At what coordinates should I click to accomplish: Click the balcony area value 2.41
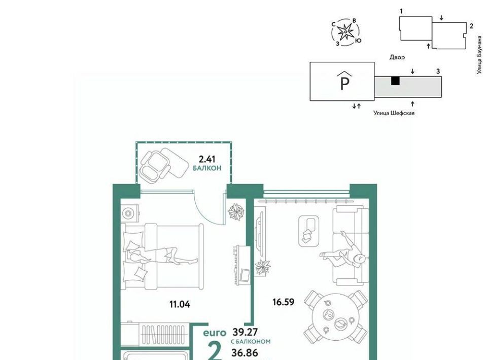tap(207, 160)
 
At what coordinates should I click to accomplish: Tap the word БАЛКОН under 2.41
tap(207, 168)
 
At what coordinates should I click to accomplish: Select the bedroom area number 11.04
tap(180, 304)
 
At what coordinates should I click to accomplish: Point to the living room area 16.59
tap(283, 302)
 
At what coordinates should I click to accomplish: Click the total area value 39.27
tap(245, 333)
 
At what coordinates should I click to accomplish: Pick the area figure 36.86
tap(245, 353)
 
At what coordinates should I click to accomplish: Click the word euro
tap(215, 333)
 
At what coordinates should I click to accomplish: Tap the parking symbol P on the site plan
tap(345, 81)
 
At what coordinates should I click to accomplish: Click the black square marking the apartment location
tap(395, 81)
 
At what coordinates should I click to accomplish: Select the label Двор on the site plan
tap(397, 57)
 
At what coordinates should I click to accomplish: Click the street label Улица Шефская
tap(394, 113)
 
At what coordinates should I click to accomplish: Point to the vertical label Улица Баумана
tap(479, 55)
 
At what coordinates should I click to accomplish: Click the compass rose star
tap(345, 32)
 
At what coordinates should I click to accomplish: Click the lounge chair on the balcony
tap(164, 164)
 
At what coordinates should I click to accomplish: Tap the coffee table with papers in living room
tap(309, 231)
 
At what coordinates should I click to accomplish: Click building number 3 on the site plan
tap(438, 71)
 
